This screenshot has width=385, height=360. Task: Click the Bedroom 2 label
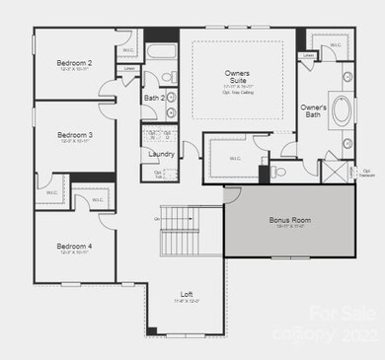76,64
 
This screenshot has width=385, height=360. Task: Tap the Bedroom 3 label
76,135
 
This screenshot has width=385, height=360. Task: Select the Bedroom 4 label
76,246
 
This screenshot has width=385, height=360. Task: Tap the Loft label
186,294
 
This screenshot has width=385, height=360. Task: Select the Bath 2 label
153,98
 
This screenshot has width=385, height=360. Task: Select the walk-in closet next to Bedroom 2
125,50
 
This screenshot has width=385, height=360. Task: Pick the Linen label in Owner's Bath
309,56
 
